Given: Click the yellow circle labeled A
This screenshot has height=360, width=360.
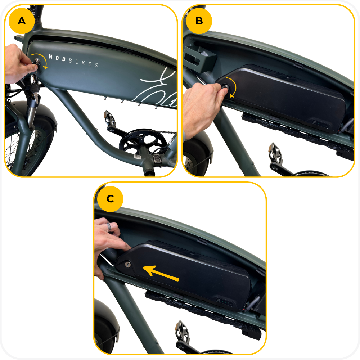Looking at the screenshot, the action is [22, 21].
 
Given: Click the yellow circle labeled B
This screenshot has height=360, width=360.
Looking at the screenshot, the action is [199, 21].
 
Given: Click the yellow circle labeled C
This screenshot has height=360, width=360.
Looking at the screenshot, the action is [110, 199].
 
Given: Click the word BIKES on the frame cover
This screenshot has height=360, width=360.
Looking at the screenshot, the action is [84, 63].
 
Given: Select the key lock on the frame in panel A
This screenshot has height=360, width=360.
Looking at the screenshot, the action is [37, 62].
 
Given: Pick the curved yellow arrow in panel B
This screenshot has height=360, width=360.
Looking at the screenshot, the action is [232, 87].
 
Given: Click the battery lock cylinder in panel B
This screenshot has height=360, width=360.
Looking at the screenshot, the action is [225, 87].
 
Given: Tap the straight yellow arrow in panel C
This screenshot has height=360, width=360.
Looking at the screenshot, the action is [161, 273].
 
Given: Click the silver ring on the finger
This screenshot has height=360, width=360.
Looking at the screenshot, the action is [109, 227].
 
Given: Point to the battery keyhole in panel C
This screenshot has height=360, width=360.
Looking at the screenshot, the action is [128, 264].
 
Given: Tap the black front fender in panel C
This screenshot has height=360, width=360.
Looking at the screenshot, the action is [107, 321].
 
